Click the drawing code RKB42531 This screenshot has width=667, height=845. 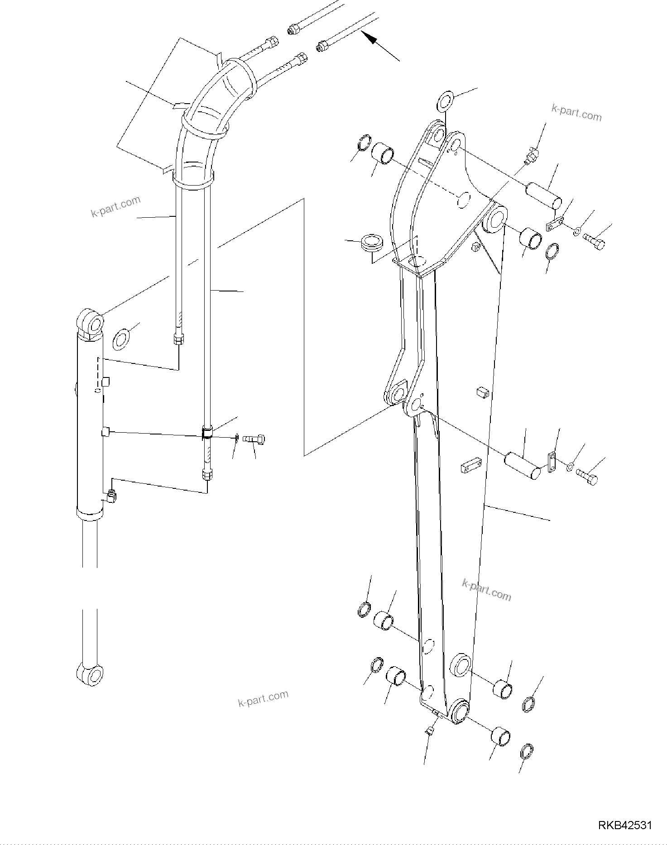tap(625, 825)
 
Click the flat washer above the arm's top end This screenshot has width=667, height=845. tap(446, 101)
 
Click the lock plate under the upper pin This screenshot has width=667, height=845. tap(555, 224)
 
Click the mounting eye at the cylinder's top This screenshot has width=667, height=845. tap(93, 323)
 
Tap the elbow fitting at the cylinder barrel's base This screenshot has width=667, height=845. tap(111, 496)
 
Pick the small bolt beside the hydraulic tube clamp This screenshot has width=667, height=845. tap(254, 439)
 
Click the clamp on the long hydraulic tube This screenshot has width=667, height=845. tap(207, 432)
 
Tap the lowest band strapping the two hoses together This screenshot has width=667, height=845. tap(192, 180)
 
